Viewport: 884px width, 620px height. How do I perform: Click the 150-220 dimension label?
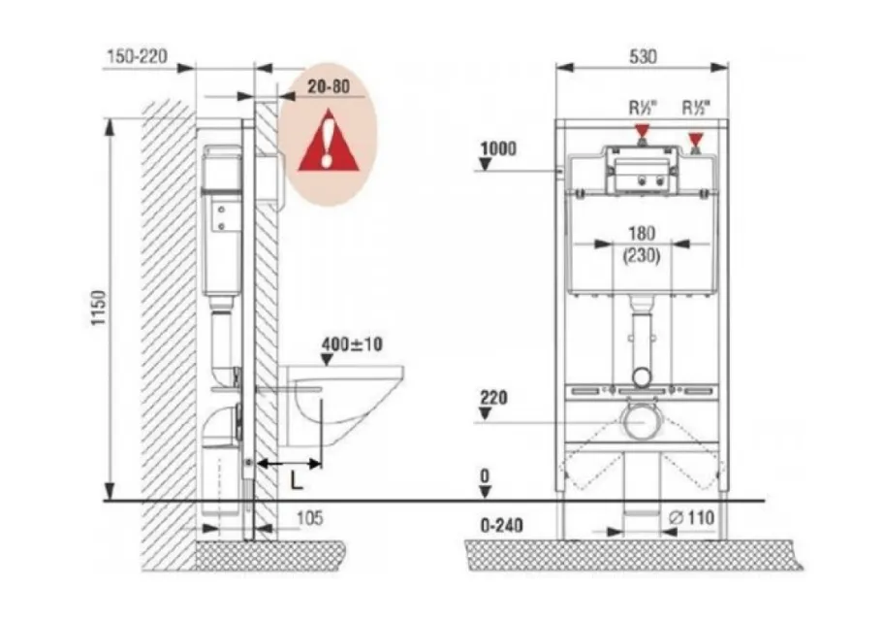pos(137,56)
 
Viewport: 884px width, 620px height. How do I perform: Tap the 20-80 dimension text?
pos(329,86)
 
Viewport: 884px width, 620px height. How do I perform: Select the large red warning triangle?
pos(329,141)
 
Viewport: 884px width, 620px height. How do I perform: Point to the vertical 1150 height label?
pos(99,308)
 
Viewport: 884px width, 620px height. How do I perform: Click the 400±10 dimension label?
pos(352,343)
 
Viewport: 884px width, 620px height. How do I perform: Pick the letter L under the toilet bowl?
pos(297,480)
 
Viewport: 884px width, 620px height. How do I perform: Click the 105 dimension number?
pos(309,517)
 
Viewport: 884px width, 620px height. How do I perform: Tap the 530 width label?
pos(643,56)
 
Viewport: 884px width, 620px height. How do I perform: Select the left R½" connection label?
pos(644,107)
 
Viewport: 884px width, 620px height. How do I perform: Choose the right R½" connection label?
pos(696,107)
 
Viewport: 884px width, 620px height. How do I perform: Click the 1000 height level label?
pos(498,148)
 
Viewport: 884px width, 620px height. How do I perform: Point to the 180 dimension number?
pos(642,233)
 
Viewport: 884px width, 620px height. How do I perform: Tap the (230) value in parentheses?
pos(642,255)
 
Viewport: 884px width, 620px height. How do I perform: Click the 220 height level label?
pos(494,397)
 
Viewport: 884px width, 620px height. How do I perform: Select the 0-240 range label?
pos(502,525)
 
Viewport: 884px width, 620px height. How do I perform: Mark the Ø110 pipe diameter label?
pos(691,517)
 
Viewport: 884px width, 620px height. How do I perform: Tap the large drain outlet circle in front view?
pos(641,421)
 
